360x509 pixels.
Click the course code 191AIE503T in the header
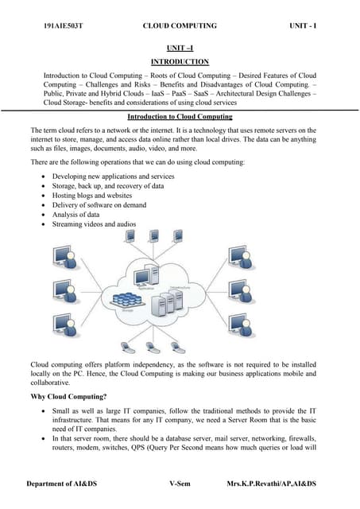[64, 26]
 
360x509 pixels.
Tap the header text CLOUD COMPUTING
[179, 26]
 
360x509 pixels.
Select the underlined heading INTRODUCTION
[179, 62]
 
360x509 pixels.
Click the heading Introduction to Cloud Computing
[180, 117]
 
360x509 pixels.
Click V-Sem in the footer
[180, 484]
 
